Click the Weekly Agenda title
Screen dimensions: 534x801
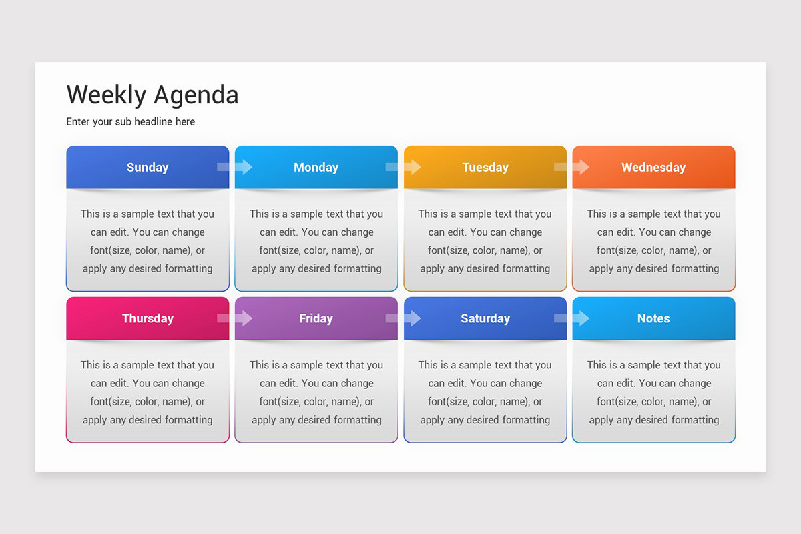coord(152,95)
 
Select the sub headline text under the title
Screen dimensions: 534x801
coord(131,121)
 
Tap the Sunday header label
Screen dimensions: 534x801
coord(148,168)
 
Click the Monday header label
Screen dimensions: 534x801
coord(316,168)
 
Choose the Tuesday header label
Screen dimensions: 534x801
coord(485,168)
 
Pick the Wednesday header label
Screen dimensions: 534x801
coord(653,168)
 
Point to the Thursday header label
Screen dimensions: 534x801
coord(148,318)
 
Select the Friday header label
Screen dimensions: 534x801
coord(316,318)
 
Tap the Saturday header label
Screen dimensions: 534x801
coord(485,318)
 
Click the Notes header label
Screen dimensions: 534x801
coord(653,318)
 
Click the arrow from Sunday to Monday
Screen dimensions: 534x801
coord(235,167)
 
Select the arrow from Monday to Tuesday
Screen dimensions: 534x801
coord(403,167)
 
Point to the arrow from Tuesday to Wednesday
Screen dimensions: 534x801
coord(572,167)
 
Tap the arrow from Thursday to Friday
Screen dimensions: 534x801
coord(235,318)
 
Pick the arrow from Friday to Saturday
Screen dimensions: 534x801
coord(403,318)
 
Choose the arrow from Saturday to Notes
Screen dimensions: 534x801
coord(572,318)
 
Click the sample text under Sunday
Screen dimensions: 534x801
coord(148,241)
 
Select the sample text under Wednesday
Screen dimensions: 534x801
coord(653,241)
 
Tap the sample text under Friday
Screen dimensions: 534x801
coord(316,392)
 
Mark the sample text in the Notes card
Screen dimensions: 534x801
coord(653,392)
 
